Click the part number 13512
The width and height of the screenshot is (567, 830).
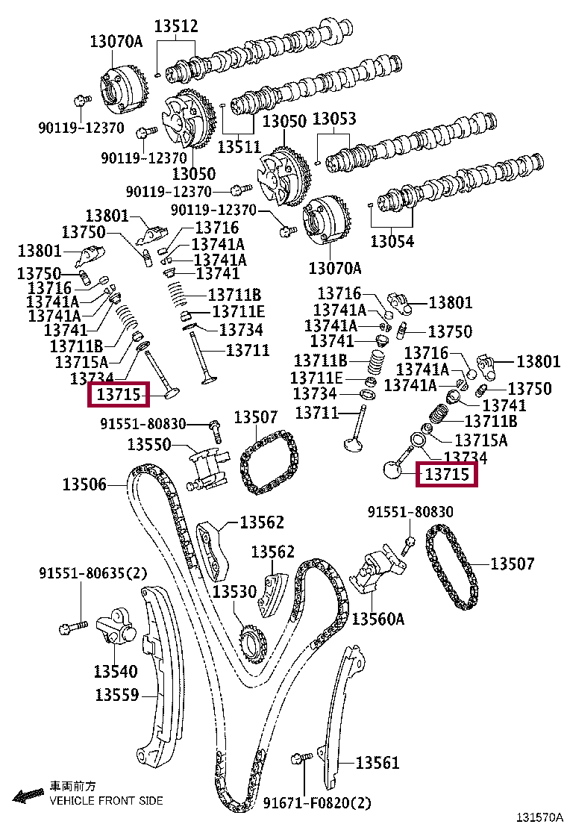tap(176, 27)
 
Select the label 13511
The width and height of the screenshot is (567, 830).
tap(239, 147)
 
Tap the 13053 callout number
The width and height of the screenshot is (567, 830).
tap(333, 119)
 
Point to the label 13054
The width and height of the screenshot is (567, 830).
tap(392, 241)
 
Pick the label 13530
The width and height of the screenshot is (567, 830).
tap(235, 591)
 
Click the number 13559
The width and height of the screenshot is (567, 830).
tap(117, 695)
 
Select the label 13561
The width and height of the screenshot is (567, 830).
tap(378, 762)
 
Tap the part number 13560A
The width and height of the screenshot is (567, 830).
tap(378, 619)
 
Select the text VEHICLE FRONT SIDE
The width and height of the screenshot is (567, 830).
tap(106, 801)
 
